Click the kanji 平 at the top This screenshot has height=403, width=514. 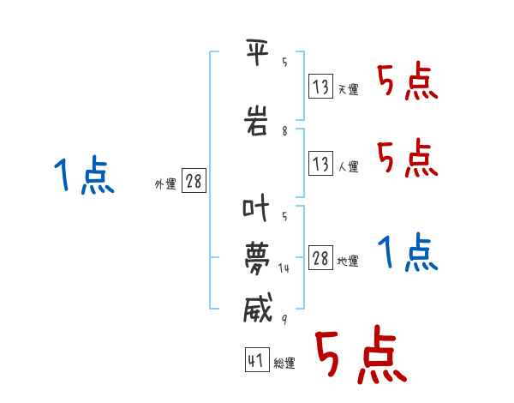click(x=258, y=51)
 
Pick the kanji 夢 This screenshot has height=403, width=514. click(x=257, y=258)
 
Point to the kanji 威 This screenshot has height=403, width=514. click(x=258, y=307)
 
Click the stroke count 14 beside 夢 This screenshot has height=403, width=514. click(x=284, y=268)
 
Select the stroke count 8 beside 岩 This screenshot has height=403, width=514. click(x=284, y=131)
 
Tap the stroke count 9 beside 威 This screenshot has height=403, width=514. click(x=284, y=319)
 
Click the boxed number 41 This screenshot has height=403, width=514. click(x=257, y=359)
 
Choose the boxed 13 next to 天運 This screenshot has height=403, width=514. click(x=320, y=86)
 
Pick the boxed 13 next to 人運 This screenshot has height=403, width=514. click(x=320, y=163)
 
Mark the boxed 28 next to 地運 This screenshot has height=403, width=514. click(x=320, y=257)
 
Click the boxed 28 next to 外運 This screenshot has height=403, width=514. click(x=194, y=180)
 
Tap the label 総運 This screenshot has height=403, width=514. click(x=284, y=363)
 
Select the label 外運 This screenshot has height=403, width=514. click(x=165, y=184)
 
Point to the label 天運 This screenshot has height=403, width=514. click(x=349, y=89)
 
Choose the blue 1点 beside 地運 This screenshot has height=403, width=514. click(x=408, y=252)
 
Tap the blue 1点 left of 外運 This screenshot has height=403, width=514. click(x=84, y=175)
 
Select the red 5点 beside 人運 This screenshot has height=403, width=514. click(x=408, y=158)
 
